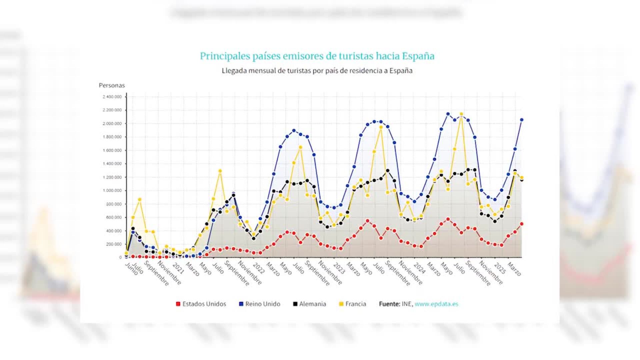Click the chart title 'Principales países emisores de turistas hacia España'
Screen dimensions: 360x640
(x=317, y=56)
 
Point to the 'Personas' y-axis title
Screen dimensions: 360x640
(x=112, y=85)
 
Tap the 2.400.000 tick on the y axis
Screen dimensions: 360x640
(x=112, y=97)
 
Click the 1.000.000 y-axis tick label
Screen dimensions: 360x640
(x=112, y=191)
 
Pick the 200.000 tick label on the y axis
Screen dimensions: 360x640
(x=114, y=244)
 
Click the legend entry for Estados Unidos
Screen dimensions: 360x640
(x=201, y=304)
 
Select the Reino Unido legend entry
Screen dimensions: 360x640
(x=260, y=304)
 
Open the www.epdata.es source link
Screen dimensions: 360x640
(x=436, y=304)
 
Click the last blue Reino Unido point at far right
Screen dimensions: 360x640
(x=522, y=120)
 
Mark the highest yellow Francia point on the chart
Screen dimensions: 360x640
(x=461, y=114)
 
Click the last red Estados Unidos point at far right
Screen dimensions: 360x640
(x=522, y=224)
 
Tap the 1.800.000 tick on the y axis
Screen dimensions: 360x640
(x=112, y=137)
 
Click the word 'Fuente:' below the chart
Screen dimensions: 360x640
(x=389, y=304)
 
